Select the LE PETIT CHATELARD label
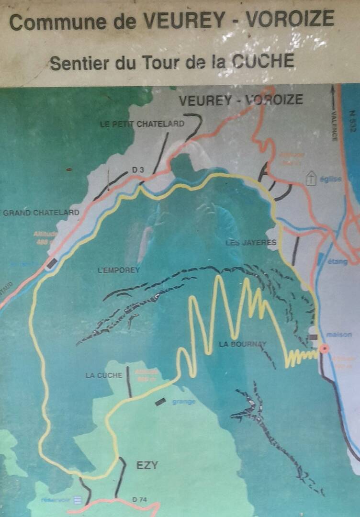tap(142, 124)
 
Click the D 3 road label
tap(138, 169)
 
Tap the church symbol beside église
tap(311, 179)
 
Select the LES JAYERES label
tap(251, 243)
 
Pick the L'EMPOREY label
tap(119, 270)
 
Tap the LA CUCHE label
tap(104, 375)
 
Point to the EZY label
tap(147, 465)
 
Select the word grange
tap(184, 402)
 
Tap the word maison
tap(339, 335)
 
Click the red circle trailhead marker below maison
tap(324, 348)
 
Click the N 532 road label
tap(353, 122)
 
